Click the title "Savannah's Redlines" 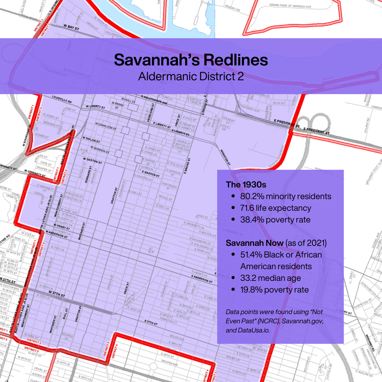point(191,60)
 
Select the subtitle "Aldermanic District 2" point(191,76)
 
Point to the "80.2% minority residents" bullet point(286,196)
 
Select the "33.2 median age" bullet point(271,278)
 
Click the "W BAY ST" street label point(71,27)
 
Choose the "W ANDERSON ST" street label point(56,235)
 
